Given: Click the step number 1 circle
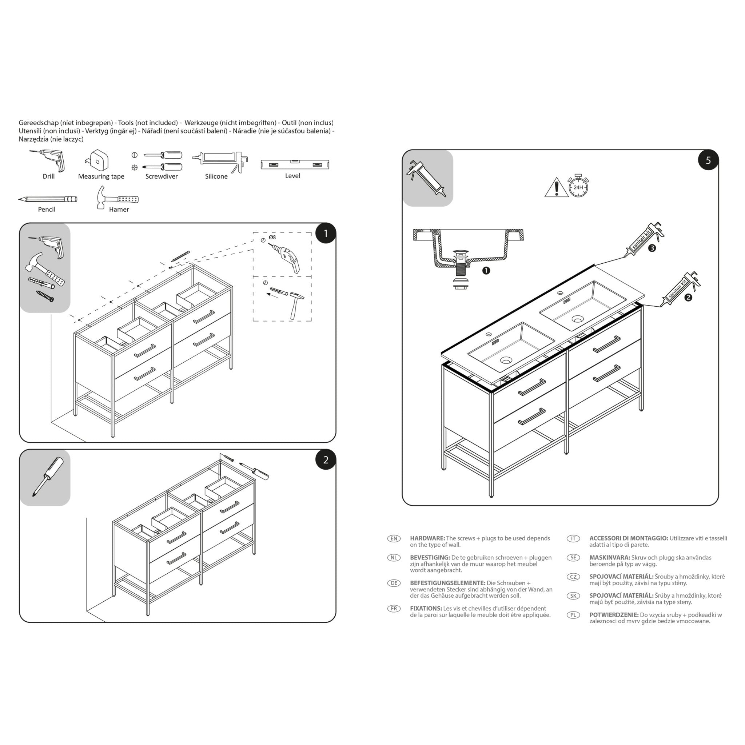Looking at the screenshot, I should [x=326, y=233].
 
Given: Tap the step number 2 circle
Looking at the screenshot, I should [x=326, y=460].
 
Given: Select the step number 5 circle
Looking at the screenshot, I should [x=708, y=160].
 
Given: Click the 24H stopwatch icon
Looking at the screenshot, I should [x=578, y=187].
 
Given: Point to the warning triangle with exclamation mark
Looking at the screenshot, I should [x=556, y=188].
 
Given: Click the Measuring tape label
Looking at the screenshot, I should [x=101, y=176].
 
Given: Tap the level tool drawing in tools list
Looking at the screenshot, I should [x=295, y=164].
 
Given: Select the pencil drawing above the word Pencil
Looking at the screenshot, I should [x=47, y=199].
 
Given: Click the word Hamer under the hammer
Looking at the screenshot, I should [x=119, y=210].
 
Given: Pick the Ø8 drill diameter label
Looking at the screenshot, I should [x=272, y=237].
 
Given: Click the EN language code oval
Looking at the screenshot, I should [x=394, y=538].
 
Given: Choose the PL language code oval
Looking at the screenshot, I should [x=573, y=615].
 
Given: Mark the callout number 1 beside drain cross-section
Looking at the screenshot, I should [x=486, y=271].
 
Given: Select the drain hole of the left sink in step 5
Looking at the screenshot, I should [x=506, y=360].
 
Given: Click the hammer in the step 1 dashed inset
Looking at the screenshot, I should [x=296, y=304].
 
